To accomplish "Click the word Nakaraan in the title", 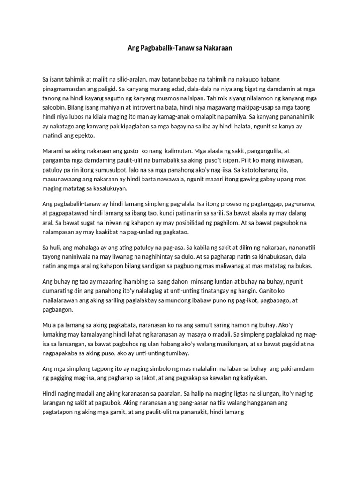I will pyautogui.click(x=217, y=48).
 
